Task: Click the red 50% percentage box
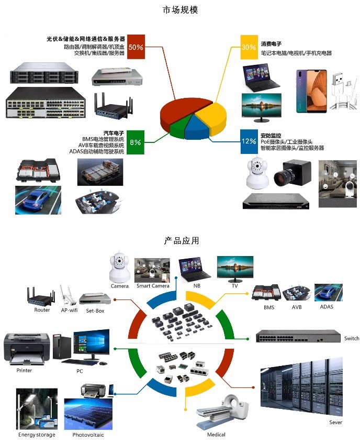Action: (136, 47)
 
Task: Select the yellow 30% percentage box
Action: (249, 47)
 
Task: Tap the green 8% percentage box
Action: (136, 142)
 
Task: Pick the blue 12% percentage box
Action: (249, 141)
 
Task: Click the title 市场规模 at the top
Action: (180, 10)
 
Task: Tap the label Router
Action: (42, 310)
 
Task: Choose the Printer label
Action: (24, 371)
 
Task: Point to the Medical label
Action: (216, 435)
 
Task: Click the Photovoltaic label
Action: (88, 435)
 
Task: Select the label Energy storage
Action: (37, 435)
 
